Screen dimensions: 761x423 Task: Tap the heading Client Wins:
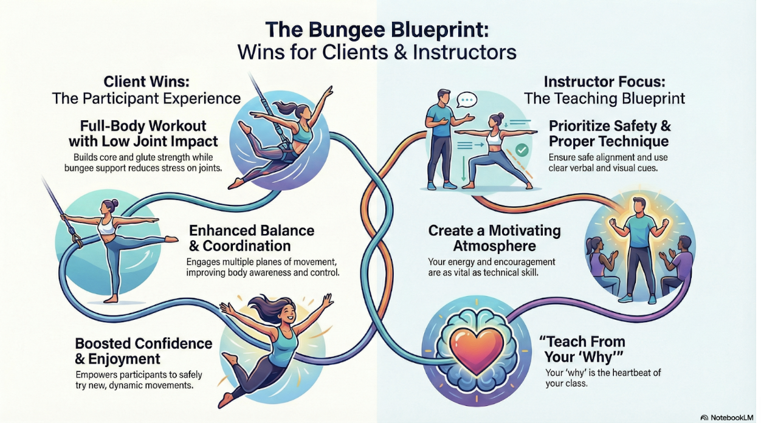coord(146,82)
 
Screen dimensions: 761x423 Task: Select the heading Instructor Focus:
coord(604,82)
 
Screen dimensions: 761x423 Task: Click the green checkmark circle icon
coord(522,150)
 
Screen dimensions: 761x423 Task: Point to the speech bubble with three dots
coord(467,100)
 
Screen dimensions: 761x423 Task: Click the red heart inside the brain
coord(477,352)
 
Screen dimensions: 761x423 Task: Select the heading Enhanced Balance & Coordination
coord(252,238)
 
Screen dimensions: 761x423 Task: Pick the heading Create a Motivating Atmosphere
coord(494,238)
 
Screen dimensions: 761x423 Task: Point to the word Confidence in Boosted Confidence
coord(173,343)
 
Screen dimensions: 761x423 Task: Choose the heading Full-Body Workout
coord(143,126)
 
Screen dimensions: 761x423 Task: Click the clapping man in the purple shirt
coord(676,267)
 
